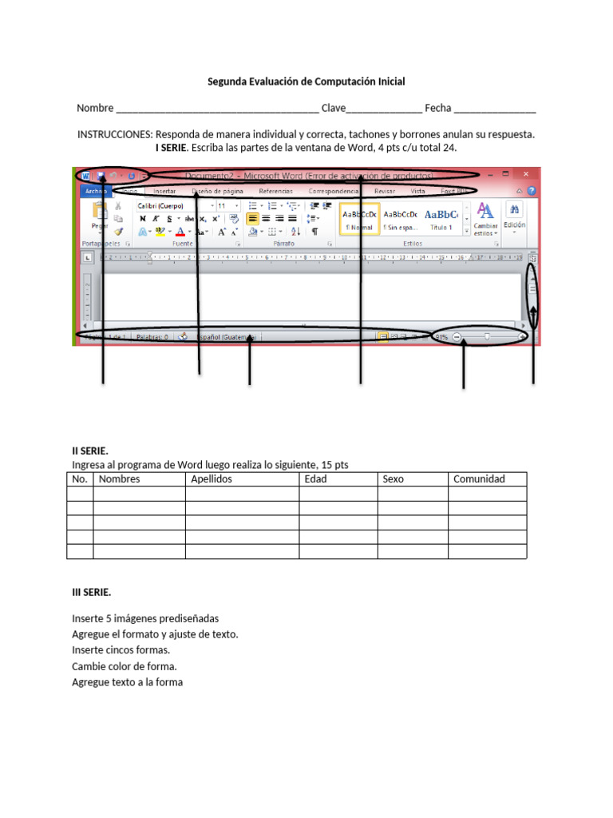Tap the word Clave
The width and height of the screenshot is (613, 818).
pos(333,108)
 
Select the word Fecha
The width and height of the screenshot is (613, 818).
pos(438,108)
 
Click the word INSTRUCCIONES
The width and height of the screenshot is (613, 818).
pos(114,134)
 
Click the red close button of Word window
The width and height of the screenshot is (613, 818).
pos(526,174)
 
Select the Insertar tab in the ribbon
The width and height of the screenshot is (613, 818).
pos(164,192)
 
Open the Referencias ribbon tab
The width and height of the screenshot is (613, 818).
pos(275,192)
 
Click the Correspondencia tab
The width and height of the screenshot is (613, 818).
pos(334,192)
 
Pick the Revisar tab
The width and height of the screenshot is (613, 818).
pos(385,192)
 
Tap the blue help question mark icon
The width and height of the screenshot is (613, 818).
pos(532,192)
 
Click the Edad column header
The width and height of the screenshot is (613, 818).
pos(315,479)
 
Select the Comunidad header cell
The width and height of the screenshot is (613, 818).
pos(479,479)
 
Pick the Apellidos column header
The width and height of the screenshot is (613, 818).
pos(212,479)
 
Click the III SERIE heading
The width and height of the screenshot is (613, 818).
pos(92,592)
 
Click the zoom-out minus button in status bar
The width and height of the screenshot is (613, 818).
pos(457,338)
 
